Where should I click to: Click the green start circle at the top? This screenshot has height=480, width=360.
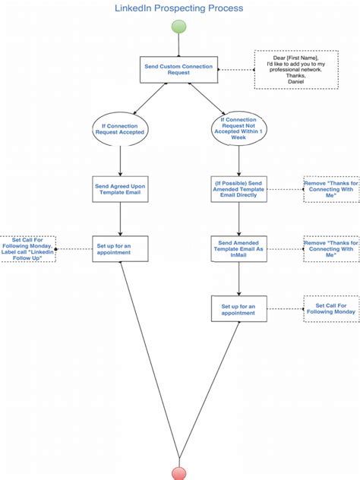tap(179, 27)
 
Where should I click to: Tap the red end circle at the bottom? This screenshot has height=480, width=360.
tap(179, 473)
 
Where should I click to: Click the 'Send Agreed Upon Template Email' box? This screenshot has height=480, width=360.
tap(120, 189)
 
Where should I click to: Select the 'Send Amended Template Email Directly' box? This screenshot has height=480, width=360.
tap(239, 189)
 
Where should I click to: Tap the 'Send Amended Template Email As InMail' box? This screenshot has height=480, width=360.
tap(239, 248)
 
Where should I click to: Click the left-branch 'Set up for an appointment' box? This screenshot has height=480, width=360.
tap(120, 248)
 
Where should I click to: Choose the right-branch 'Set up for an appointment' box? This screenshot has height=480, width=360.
tap(239, 308)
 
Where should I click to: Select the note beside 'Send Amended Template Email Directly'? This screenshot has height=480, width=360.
tap(331, 189)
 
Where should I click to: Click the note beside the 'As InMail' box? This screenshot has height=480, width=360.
tap(331, 248)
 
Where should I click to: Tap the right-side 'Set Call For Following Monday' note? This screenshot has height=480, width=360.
tap(331, 308)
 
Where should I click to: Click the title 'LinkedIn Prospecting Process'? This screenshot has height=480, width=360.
tap(179, 8)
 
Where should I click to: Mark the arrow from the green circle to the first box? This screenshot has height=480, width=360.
tap(179, 46)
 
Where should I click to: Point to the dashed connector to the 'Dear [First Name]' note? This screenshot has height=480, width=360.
tap(235, 70)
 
